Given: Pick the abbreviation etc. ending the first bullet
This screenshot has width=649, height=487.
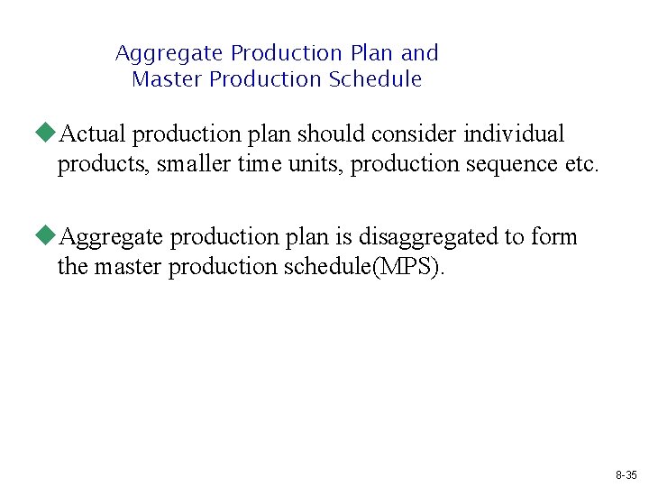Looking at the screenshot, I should tap(580, 164).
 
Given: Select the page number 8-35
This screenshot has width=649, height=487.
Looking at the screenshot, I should tap(626, 474).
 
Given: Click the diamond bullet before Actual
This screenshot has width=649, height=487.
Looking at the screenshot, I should tap(46, 133).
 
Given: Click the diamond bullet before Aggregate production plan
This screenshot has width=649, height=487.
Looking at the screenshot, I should tap(46, 236).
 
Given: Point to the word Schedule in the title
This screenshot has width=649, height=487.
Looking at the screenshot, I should tap(375, 79).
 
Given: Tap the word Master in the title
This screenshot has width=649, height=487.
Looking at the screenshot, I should tap(168, 79).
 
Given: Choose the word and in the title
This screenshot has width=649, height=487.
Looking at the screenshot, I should tap(420, 53).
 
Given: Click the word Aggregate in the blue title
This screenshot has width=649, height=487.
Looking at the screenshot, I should tap(169, 53).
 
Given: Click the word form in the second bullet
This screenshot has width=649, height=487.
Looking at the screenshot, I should tap(554, 237).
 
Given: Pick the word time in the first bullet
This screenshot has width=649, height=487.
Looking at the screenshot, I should tap(258, 164).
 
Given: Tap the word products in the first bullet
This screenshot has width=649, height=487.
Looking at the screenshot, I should tap(91, 164).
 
